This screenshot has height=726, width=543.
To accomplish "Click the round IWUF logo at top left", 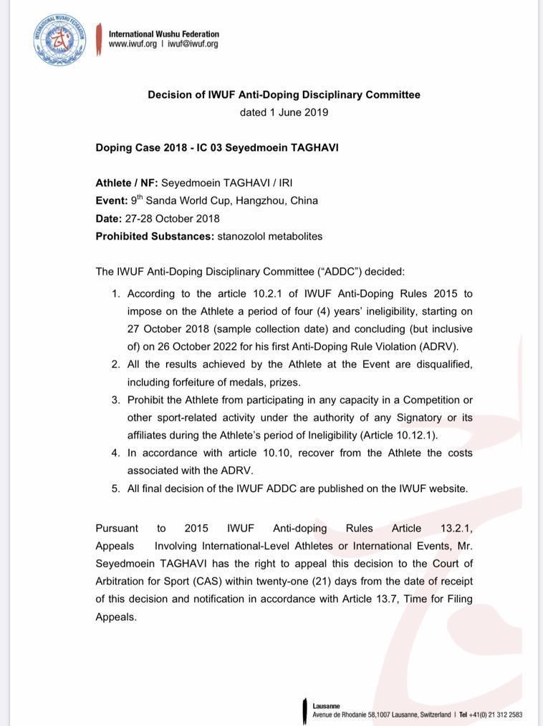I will pos(59,39).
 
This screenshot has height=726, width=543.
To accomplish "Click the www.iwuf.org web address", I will pos(133,44).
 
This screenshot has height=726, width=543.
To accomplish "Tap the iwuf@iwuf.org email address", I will pos(193,44).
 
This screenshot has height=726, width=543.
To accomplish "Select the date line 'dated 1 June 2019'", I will pos(284,112).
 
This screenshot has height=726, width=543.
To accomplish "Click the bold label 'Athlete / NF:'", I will pos(126,183).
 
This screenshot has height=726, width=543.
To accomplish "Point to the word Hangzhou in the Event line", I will pos(262,201).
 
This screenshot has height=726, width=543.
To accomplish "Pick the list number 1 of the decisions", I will pos(115,294).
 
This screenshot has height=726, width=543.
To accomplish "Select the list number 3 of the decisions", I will pos(115,400).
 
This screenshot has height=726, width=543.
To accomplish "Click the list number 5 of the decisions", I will pos(115,489).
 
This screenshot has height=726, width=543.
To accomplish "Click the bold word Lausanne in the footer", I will pos(326,706).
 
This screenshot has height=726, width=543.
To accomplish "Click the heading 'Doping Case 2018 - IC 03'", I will pos(159,148).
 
